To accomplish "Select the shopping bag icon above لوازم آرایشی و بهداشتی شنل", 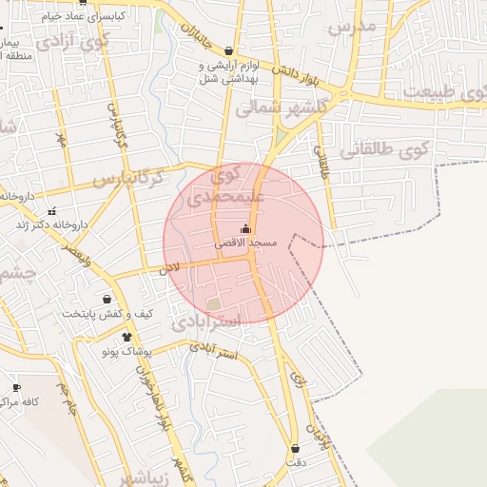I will [228, 51].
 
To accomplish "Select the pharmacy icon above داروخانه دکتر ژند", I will [51, 211].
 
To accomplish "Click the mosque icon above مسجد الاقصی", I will [246, 228].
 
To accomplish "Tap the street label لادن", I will [169, 270].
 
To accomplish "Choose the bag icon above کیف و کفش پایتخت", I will [119, 300].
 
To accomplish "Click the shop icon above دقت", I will [296, 448].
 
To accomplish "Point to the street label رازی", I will [302, 380].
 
